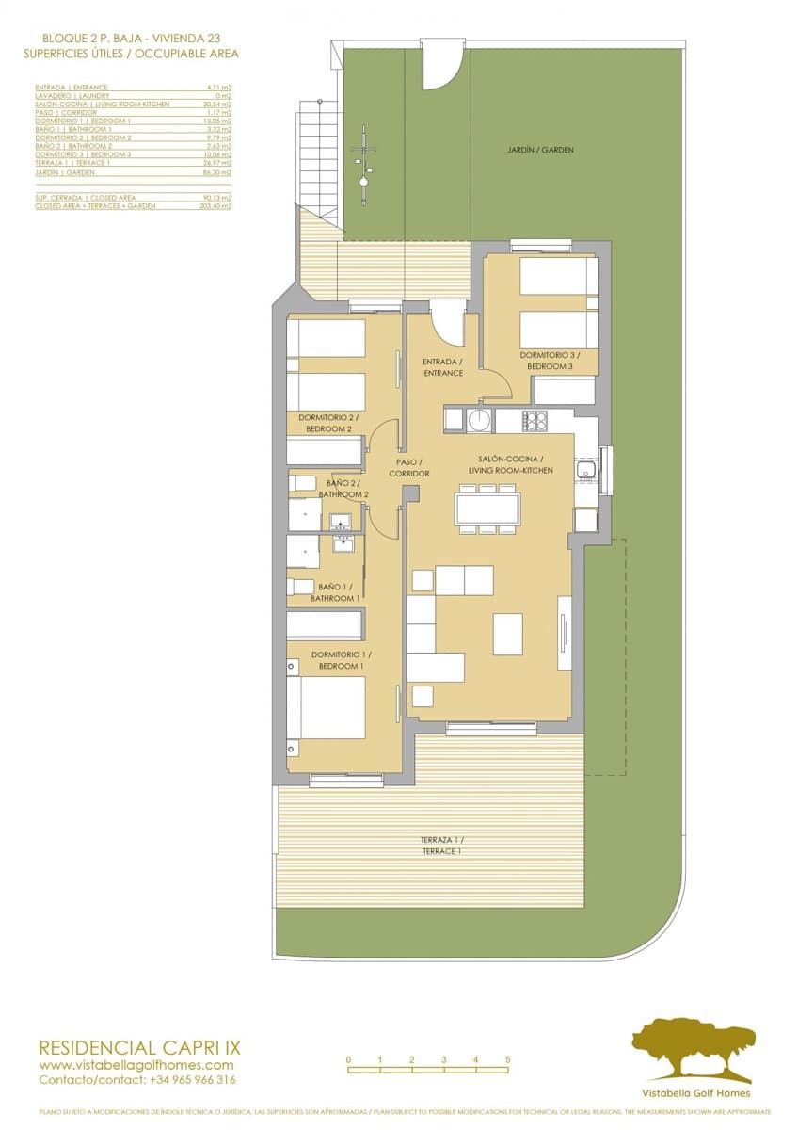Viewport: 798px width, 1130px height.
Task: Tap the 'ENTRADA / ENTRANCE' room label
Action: [x=443, y=367]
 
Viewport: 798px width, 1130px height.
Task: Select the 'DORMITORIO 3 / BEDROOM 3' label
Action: [x=545, y=361]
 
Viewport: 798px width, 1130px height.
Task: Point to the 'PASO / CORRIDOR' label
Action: [x=409, y=468]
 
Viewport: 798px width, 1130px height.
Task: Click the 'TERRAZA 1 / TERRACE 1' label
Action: [x=441, y=845]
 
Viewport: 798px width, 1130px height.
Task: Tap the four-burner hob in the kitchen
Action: [x=535, y=420]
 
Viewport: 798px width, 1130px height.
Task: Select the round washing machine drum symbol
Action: [x=480, y=419]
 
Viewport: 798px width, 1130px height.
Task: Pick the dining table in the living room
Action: [x=487, y=509]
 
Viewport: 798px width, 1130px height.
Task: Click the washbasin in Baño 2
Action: [x=339, y=520]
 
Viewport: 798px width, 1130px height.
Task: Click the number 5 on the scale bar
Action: [x=507, y=1059]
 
